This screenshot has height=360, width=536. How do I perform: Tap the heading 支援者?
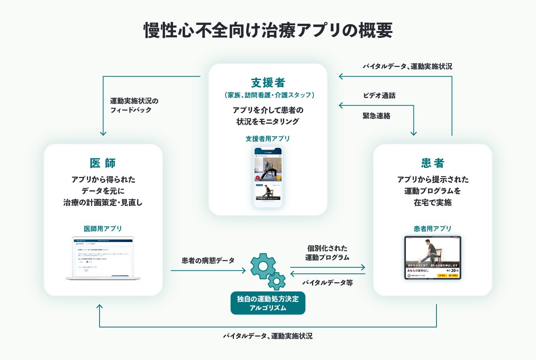click(268, 82)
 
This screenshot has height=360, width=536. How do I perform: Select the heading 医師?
click(103, 163)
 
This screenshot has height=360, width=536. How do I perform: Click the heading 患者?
click(433, 163)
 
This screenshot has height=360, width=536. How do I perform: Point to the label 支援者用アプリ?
click(268, 139)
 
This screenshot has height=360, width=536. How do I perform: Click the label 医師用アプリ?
click(103, 229)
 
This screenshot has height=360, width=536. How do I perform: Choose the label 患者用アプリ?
click(433, 229)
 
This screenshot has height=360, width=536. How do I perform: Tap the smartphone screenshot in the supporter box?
click(268, 177)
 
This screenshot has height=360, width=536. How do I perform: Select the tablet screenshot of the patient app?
click(433, 257)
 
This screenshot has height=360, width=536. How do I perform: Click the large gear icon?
click(263, 265)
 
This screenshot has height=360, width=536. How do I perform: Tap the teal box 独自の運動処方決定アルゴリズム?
click(268, 303)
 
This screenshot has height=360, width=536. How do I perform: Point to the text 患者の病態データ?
click(208, 260)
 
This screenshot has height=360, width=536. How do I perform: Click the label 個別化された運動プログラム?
click(327, 253)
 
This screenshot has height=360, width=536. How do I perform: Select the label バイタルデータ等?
click(327, 283)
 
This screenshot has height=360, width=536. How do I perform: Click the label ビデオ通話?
click(379, 95)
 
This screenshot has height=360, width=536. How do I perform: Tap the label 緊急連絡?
click(376, 116)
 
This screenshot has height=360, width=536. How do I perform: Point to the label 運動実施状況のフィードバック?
click(134, 105)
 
